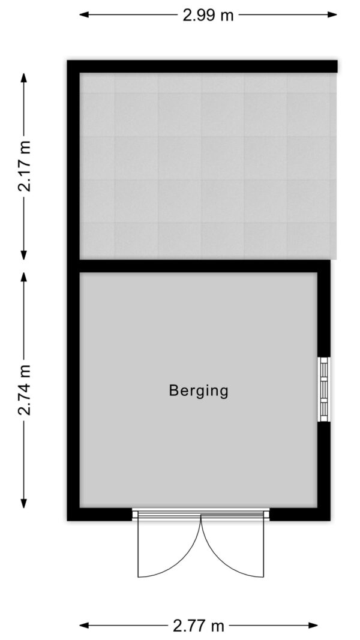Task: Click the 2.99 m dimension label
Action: coord(208,15)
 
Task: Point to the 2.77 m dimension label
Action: coord(199,625)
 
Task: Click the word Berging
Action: coord(199,391)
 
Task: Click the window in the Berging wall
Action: coord(323,389)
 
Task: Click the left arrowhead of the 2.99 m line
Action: coord(83,14)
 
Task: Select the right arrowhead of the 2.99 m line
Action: coord(332,14)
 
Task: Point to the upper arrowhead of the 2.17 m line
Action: coord(24,78)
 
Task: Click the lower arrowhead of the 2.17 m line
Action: coord(24,254)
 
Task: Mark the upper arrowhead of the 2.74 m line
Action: coord(24,277)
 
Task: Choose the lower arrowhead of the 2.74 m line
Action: coord(24,503)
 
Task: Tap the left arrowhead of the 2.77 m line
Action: coord(83,625)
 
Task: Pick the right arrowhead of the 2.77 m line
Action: coord(313,625)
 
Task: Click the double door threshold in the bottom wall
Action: coord(201,514)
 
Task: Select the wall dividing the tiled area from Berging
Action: coord(205,266)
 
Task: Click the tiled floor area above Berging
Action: coord(208,166)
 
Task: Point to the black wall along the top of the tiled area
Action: coord(202,66)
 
